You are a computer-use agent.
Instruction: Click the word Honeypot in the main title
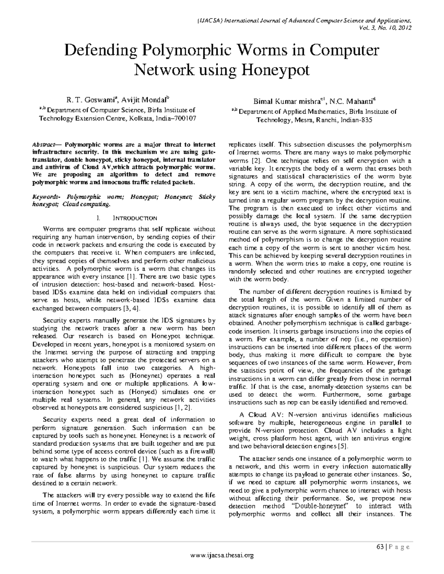point(276,69)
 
